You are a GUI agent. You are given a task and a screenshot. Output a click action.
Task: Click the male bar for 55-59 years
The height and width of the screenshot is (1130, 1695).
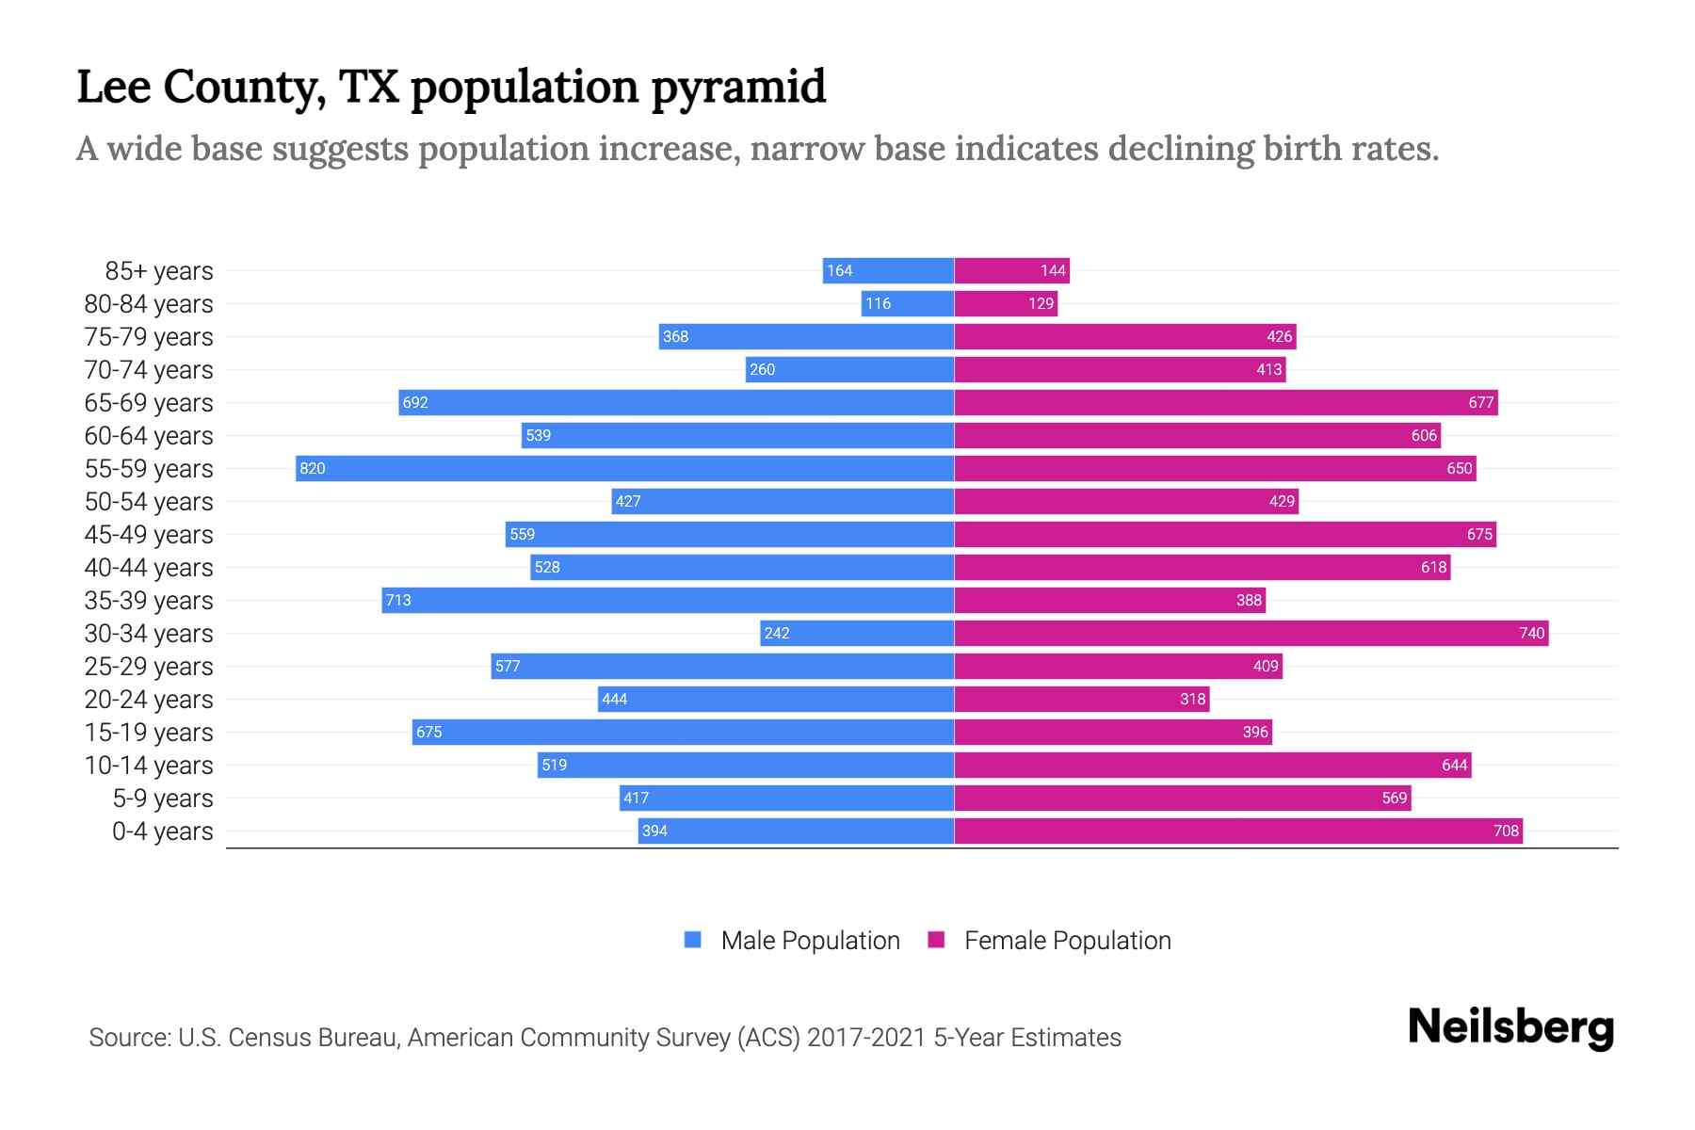[x=624, y=468]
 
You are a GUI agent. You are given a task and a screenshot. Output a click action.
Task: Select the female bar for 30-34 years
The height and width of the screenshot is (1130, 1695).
[x=1251, y=633]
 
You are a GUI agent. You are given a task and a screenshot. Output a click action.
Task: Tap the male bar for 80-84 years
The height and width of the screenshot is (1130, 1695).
[x=907, y=303]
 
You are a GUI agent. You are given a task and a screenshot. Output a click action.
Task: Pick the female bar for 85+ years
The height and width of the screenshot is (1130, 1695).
[x=1011, y=270]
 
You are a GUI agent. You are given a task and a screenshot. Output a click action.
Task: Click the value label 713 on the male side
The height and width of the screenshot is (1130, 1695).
[x=398, y=600]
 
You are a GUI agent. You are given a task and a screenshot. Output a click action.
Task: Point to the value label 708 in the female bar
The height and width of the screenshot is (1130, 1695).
[x=1506, y=831]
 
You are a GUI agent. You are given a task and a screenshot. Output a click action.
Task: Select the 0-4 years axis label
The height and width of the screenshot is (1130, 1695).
[x=162, y=831]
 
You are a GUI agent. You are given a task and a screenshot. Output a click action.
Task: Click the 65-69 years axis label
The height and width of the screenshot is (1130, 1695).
[x=149, y=403]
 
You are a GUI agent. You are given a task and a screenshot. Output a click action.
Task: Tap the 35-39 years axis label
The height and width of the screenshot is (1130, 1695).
[x=149, y=601]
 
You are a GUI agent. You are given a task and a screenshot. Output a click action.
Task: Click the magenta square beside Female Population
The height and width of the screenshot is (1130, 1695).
[x=936, y=940]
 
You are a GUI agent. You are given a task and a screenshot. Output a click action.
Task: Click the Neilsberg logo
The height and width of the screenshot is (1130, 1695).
[x=1510, y=1027]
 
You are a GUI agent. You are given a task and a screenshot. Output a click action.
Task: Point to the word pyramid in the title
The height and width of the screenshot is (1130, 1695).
[x=737, y=87]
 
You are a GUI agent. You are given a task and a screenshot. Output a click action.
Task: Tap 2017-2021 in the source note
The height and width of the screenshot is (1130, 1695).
[x=866, y=1038]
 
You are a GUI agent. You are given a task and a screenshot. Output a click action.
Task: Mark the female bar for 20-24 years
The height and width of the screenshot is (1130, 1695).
[x=1081, y=699]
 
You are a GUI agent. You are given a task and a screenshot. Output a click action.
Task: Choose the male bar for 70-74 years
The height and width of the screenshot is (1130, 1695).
[x=849, y=369]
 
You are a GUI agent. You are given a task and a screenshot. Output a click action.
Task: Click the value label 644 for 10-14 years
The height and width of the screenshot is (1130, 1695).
[x=1454, y=765]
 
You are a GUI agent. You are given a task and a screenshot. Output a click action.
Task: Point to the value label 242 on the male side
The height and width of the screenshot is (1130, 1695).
[x=777, y=633]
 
